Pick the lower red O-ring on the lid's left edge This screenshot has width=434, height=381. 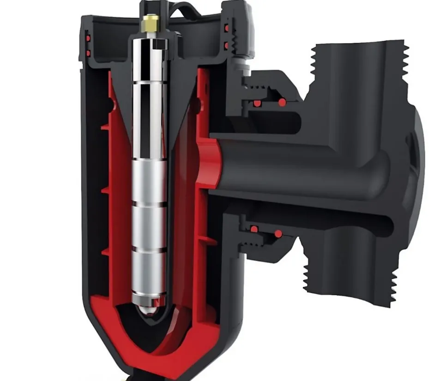click(x=87, y=53)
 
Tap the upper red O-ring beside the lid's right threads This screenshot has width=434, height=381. click(x=226, y=29)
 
